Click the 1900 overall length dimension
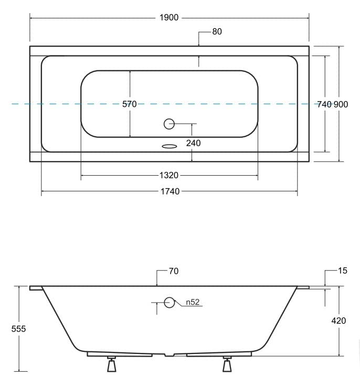pos(169,18)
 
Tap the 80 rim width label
pos(217,31)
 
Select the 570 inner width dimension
pos(130,104)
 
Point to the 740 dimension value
pos(324,104)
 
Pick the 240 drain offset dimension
pos(193,143)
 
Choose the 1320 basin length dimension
pos(169,175)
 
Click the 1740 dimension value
pos(169,191)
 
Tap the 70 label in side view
pos(174,271)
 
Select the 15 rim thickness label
pos(343,271)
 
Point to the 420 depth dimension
pos(338,320)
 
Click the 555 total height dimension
pos(18,329)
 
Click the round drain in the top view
pos(169,124)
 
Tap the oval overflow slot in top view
pos(169,146)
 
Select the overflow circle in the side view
pos(169,303)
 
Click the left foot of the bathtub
pos(111,364)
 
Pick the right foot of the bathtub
pos(227,364)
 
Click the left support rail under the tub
pos(120,354)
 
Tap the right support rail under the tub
pos(219,354)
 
